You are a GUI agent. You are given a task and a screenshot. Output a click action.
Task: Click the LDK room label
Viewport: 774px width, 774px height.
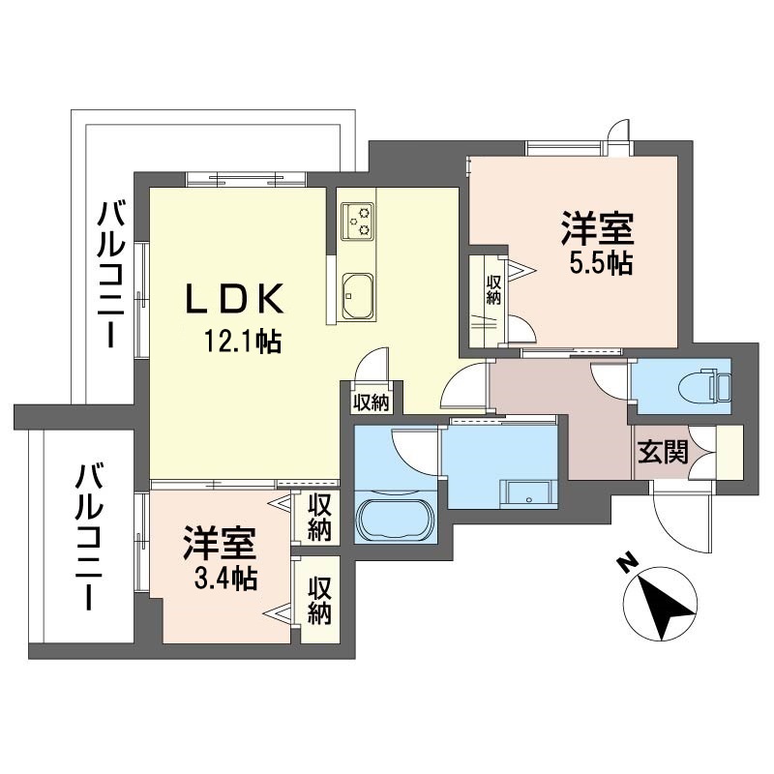tap(235, 298)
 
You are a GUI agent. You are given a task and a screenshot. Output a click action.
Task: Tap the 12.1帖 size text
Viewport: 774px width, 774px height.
tap(243, 342)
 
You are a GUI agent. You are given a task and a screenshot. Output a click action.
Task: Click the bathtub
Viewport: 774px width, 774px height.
tap(396, 521)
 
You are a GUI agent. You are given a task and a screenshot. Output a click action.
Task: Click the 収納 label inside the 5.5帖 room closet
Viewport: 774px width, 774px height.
tap(493, 289)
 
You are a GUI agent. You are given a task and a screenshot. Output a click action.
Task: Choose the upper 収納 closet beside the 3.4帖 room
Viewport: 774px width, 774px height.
tap(319, 518)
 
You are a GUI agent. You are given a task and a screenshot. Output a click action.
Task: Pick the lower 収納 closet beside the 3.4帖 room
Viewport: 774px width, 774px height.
tap(319, 600)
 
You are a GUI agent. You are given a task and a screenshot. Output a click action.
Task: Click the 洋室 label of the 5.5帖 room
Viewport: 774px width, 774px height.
tap(597, 227)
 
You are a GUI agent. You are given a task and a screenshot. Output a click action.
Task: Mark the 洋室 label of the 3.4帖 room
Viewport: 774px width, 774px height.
tap(221, 544)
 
